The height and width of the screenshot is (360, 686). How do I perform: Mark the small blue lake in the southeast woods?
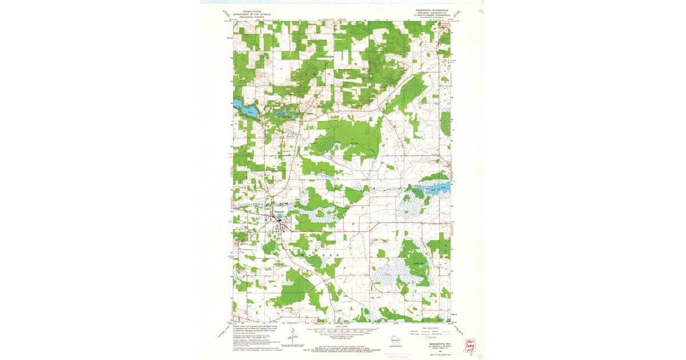pos(422,262)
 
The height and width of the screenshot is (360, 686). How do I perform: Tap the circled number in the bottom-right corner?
pos(480,354)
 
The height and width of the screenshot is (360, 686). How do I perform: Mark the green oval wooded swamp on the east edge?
pos(445,123)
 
